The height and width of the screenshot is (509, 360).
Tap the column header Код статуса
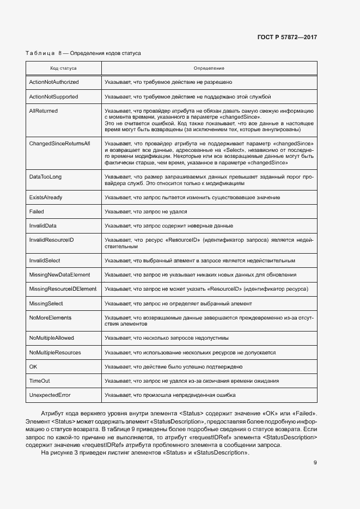pos(63,69)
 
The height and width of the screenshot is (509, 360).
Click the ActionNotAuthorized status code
pos(53,82)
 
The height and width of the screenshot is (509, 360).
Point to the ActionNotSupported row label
pos(53,96)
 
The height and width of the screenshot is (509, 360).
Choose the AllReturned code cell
pos(43,111)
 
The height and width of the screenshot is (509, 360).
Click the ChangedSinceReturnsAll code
pos(59,143)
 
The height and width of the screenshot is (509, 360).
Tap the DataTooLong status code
pos(46,177)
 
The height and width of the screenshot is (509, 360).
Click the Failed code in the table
pos(36,211)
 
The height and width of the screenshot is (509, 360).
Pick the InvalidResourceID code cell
pos(51,240)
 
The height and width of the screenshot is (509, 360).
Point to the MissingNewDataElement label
pos(59,274)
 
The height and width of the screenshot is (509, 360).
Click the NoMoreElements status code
pos(50,317)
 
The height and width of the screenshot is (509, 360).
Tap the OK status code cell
pos(33,366)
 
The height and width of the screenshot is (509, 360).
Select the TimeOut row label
pos(39,381)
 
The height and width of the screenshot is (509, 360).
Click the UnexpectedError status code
pos(50,395)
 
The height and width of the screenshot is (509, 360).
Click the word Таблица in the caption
pos(40,54)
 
